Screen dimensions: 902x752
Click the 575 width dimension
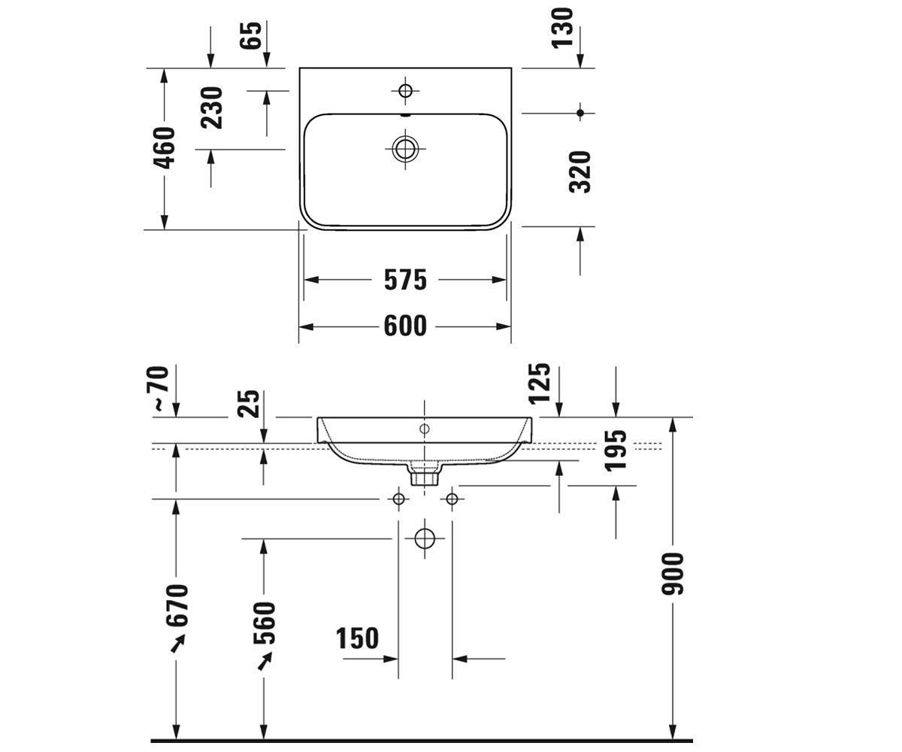(x=405, y=280)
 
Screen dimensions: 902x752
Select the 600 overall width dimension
(x=405, y=326)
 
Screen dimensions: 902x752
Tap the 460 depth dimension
(x=165, y=148)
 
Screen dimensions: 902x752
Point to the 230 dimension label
(x=212, y=108)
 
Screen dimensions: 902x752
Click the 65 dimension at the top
(x=250, y=35)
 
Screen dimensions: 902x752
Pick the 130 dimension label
(x=562, y=27)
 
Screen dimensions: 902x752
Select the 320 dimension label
(x=580, y=172)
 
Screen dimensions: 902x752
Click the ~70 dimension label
(x=158, y=388)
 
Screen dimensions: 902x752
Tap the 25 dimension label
(x=248, y=404)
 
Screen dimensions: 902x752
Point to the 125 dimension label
(x=540, y=384)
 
